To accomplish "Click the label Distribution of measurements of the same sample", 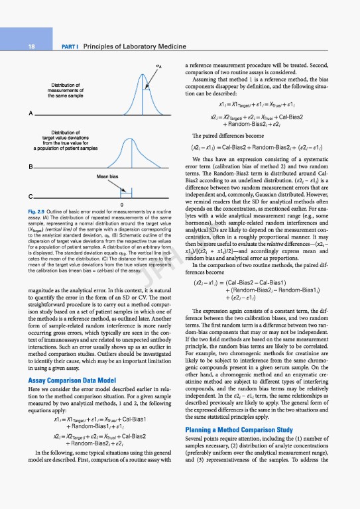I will [x=66, y=91].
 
